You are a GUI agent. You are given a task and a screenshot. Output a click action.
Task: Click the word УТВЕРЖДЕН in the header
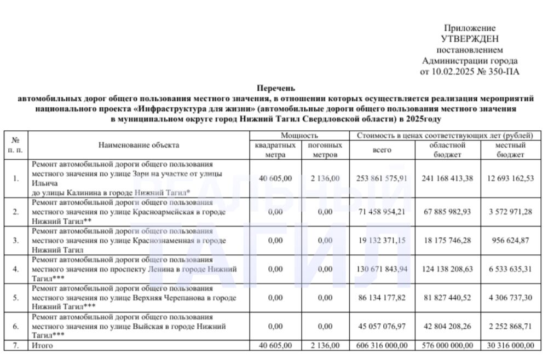pos(470,38)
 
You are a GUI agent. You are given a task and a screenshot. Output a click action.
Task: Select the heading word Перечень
pos(276,88)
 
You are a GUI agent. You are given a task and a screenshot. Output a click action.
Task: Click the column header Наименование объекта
pos(139,145)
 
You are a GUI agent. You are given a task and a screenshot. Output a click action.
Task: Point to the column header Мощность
pos(299,135)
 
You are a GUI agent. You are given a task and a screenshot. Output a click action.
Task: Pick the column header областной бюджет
pos(448,150)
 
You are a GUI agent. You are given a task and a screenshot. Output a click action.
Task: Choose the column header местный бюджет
pos(510,150)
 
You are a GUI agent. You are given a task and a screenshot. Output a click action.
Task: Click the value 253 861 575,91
pos(382,178)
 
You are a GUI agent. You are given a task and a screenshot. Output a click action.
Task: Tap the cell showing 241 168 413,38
pos(448,178)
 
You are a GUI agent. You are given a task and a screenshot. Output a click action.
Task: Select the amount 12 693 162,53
pos(510,178)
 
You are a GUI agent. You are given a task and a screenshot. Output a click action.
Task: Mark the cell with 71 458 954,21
pos(382,211)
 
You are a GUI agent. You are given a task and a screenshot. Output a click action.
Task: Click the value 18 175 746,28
pos(448,240)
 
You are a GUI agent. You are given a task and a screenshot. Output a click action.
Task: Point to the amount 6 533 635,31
pos(510,269)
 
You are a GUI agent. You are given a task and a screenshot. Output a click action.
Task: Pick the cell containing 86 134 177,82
pos(382,298)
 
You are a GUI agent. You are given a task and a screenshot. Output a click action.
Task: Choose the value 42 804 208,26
pos(448,327)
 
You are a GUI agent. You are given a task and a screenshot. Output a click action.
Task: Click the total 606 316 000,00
pos(382,346)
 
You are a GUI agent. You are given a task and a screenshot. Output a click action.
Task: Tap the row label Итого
pos(43,346)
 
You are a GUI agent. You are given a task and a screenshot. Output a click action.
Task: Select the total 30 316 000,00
pos(510,346)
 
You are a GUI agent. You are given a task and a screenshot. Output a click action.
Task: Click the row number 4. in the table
pos(16,269)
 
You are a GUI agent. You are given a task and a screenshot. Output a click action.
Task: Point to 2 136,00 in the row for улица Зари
pos(325,178)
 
